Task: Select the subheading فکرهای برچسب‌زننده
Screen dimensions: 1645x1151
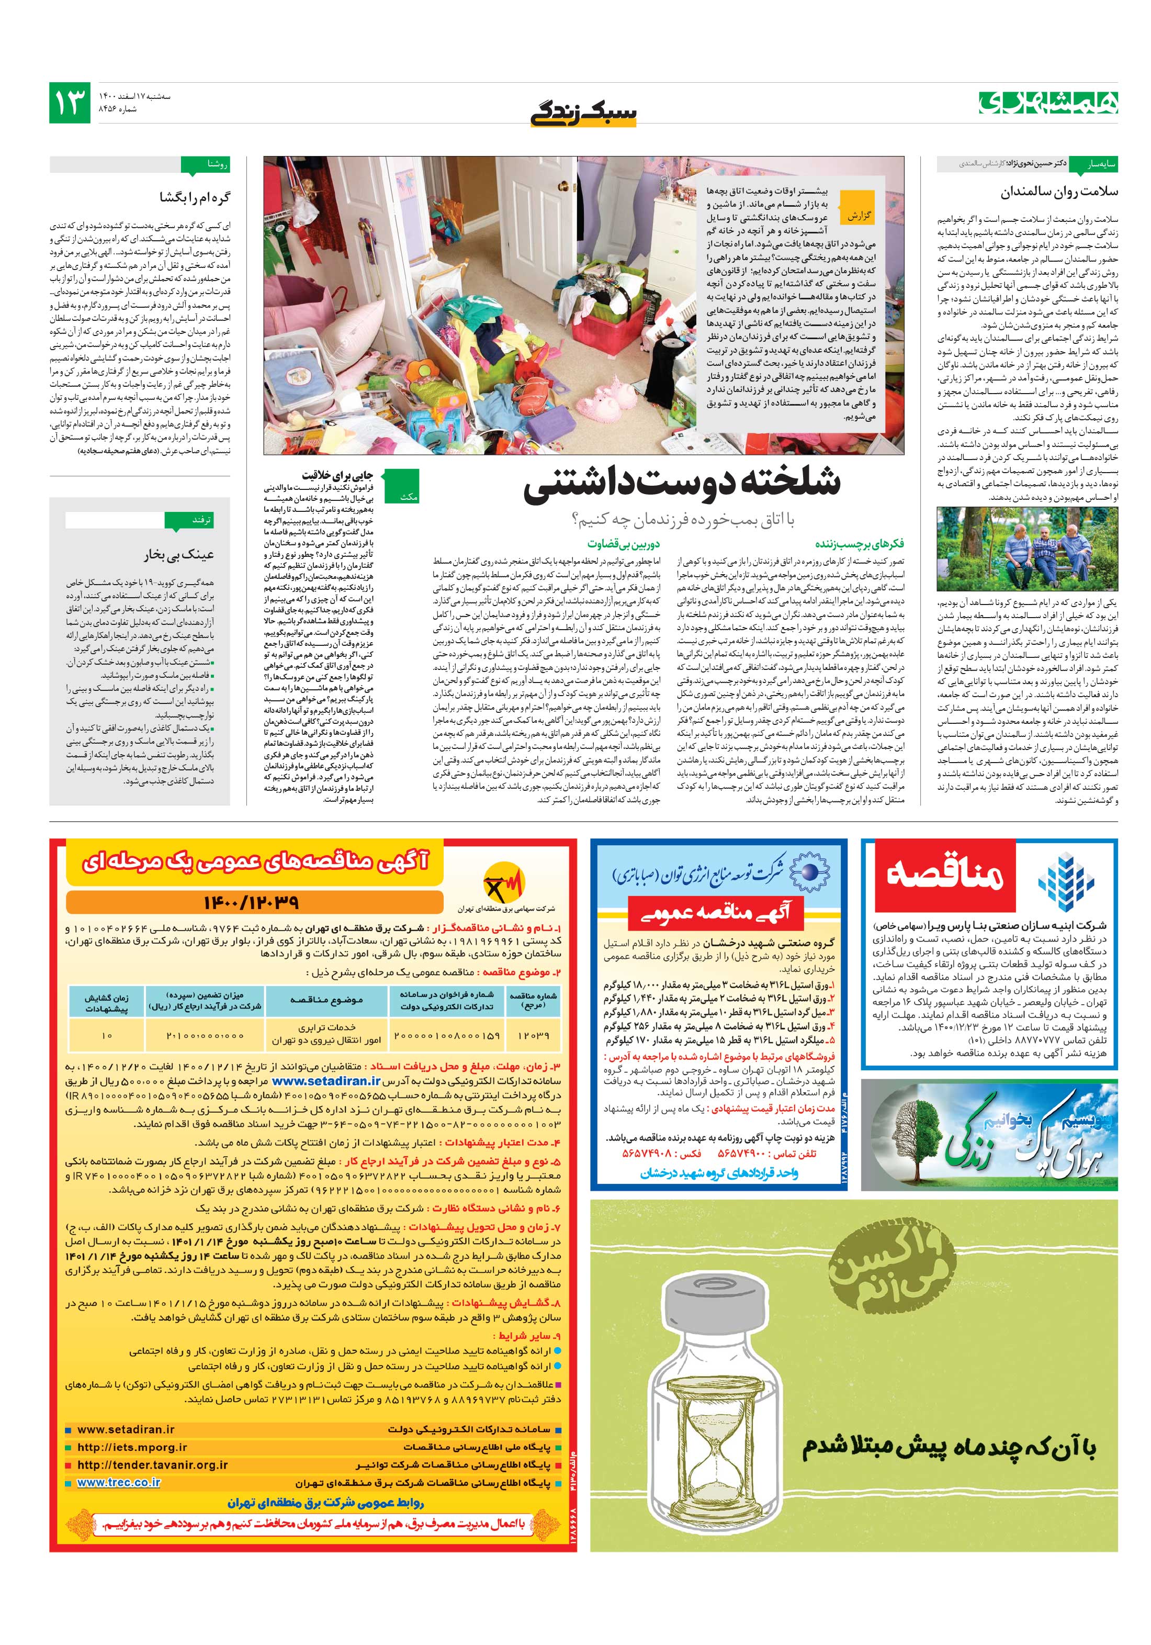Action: (x=869, y=544)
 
